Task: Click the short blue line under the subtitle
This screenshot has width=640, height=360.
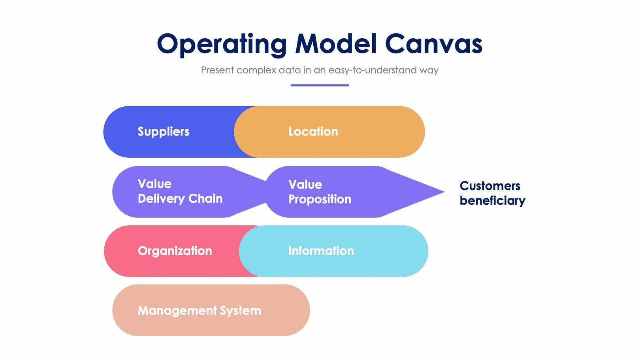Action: [320, 85]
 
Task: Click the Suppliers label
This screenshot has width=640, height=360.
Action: [163, 132]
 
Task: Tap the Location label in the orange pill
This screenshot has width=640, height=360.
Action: [313, 132]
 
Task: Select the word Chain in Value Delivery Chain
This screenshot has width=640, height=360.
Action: [205, 198]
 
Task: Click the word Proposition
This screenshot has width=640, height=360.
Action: [320, 199]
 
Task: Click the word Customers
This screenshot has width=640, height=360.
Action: [490, 186]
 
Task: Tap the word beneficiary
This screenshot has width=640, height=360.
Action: [492, 201]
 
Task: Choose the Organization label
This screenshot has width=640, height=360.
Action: [175, 251]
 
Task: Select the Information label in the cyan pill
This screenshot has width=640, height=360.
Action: [321, 251]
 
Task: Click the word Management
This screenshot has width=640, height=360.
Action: [177, 311]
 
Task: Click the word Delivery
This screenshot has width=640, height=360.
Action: [161, 198]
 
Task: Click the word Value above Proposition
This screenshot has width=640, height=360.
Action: [305, 185]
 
